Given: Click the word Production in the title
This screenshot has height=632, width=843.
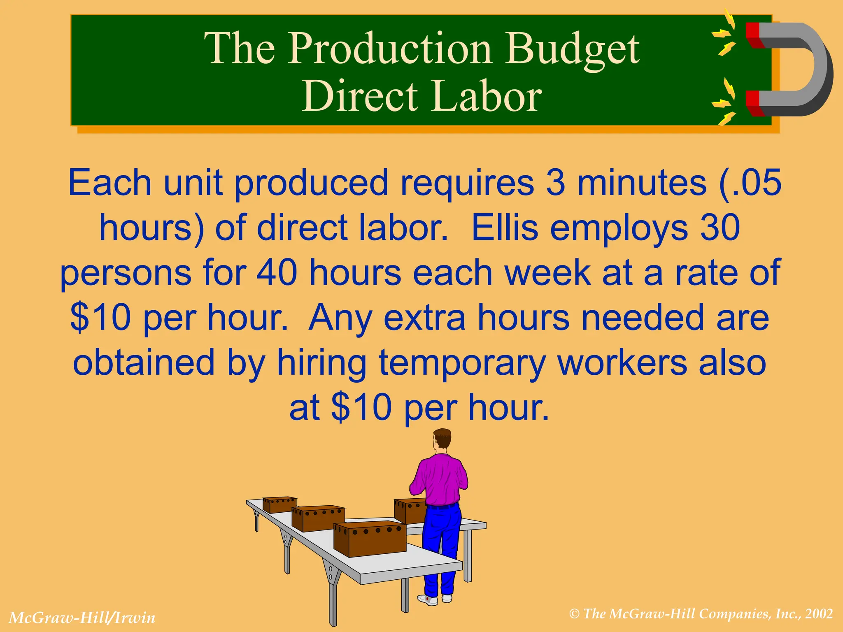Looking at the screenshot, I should pos(389,49).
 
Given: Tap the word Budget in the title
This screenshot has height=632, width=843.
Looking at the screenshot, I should pos(572,49).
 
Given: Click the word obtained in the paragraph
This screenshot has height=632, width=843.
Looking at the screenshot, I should pos(144,362).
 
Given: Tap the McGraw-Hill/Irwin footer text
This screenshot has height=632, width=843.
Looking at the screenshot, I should pos(82,618).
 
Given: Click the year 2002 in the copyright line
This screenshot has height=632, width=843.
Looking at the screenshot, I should pos(819,614).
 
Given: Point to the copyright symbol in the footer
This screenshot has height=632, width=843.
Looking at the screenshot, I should pos(575,614).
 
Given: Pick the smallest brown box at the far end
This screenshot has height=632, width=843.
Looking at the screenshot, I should pos(279,504).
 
